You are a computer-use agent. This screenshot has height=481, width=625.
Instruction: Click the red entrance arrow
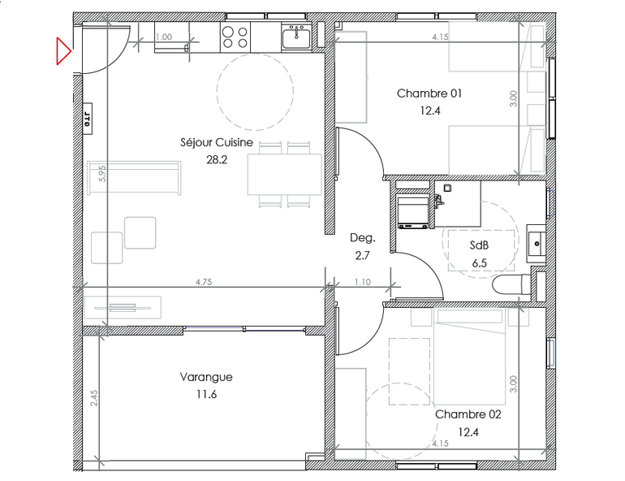click(63, 51)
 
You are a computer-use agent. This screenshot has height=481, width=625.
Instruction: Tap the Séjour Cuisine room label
click(217, 142)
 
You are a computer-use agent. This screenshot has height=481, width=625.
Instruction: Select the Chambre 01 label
click(429, 93)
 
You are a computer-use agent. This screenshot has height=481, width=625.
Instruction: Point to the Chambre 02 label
click(468, 414)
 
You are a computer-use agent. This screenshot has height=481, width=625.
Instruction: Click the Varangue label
click(206, 377)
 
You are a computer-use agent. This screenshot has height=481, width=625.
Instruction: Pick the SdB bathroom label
click(479, 245)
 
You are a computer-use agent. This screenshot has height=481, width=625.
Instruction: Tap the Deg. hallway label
click(363, 238)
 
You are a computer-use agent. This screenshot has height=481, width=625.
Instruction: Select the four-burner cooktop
click(235, 37)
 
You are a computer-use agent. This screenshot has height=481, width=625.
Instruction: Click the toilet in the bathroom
click(511, 284)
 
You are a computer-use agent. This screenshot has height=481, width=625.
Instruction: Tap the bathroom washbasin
click(536, 243)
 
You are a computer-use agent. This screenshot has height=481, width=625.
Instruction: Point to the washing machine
click(413, 211)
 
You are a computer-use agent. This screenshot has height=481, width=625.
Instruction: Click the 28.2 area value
click(217, 160)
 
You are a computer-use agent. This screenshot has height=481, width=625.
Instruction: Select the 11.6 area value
click(206, 394)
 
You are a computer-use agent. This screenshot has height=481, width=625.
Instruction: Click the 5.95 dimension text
click(102, 174)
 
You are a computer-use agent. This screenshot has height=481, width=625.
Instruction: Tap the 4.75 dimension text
click(204, 282)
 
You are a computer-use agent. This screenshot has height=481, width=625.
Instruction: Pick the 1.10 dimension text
click(363, 282)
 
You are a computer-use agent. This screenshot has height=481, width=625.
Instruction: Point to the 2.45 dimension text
click(93, 398)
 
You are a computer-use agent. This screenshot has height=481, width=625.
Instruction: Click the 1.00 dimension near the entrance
click(164, 37)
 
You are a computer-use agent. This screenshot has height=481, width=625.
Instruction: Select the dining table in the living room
click(285, 175)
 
